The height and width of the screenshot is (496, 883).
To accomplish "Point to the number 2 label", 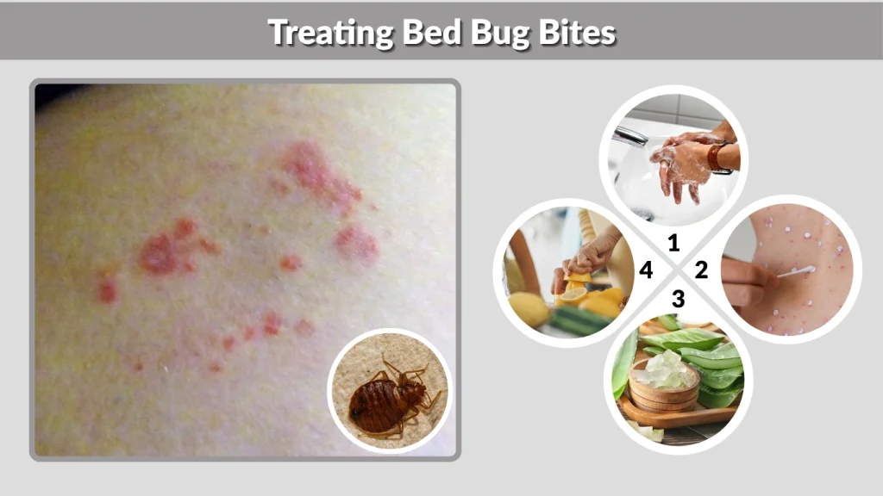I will pos(701,270).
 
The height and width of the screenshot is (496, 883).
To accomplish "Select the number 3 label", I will pos(678,300).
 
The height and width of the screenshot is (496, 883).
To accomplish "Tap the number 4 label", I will pos(646,270).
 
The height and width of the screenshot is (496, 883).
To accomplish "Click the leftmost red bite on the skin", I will pos(107,290).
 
